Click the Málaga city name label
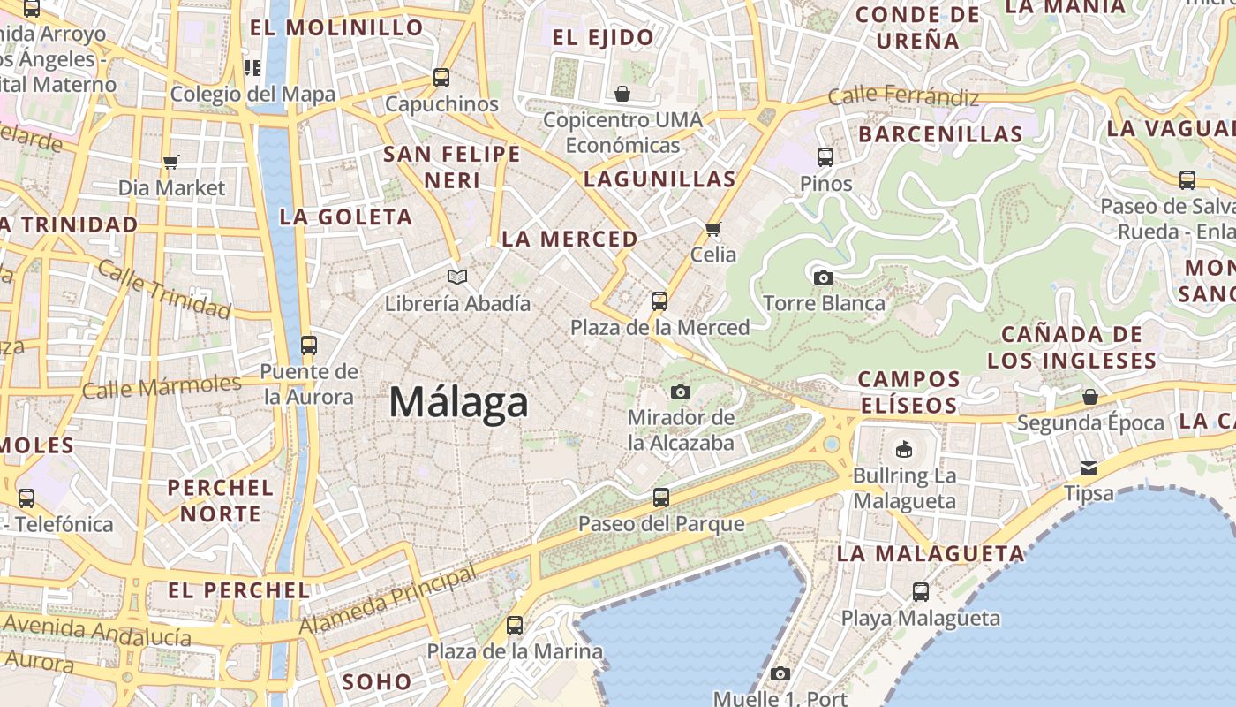coord(458,403)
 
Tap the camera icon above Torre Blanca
coord(823,277)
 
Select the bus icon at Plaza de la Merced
coord(659,300)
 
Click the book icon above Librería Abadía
coord(456,277)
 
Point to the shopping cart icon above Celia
coord(712,229)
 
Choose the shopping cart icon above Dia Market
coord(171,162)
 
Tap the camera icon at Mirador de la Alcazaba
coord(680,392)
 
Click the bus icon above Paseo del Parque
coord(660,498)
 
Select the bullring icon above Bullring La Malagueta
coord(903,450)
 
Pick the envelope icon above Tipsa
coord(1089,468)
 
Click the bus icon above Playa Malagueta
coord(920,591)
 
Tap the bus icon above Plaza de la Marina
coord(515,626)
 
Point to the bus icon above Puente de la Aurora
coord(308,345)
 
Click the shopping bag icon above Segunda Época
coord(1090,397)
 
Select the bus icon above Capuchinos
coord(441,77)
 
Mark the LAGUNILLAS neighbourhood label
coord(659,179)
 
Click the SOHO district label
coord(376,681)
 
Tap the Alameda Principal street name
coord(388,602)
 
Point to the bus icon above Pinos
coord(825,157)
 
